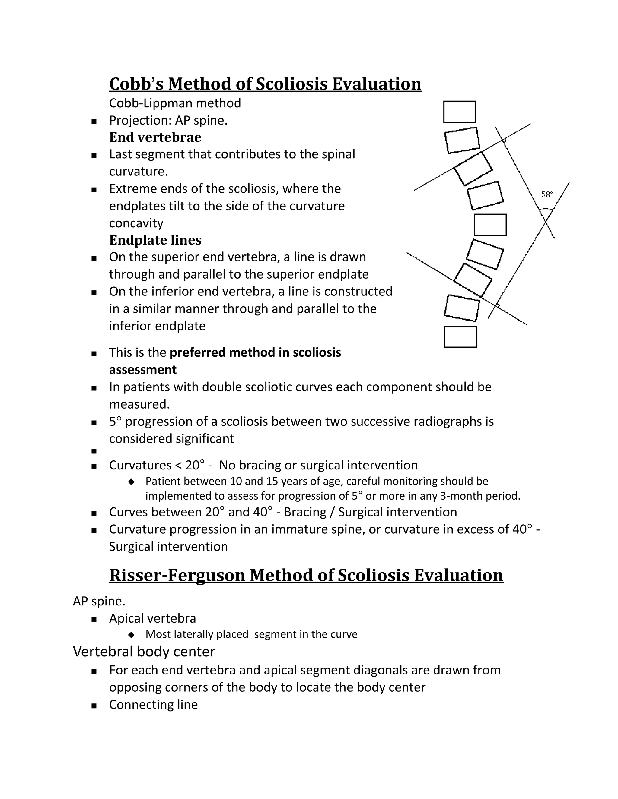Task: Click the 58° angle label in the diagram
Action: (x=546, y=195)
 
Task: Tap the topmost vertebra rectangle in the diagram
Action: (x=460, y=112)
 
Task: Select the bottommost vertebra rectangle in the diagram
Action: (x=460, y=336)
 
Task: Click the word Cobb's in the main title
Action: (x=136, y=84)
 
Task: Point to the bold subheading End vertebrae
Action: (x=155, y=137)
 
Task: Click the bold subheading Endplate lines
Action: (x=155, y=240)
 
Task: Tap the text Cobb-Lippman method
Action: (x=175, y=103)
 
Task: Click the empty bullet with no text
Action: (x=94, y=451)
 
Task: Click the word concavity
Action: (x=136, y=223)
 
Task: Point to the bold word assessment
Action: (x=143, y=370)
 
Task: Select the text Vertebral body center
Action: (x=144, y=652)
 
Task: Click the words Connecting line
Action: (x=153, y=705)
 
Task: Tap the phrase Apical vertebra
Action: (x=152, y=618)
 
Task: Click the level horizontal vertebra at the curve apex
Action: (x=490, y=225)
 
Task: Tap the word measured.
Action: (x=139, y=404)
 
